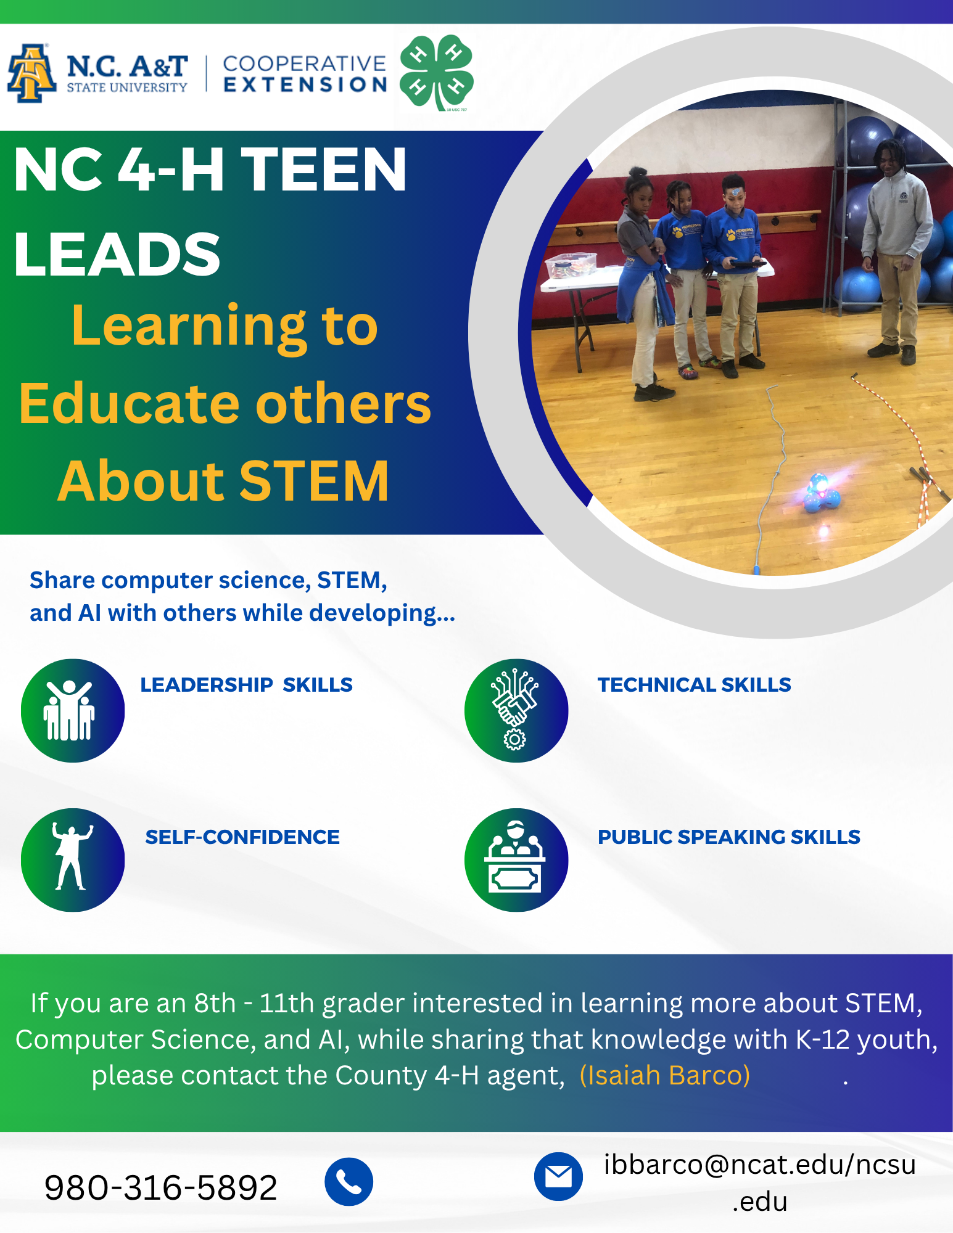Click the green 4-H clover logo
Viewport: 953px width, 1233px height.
point(437,73)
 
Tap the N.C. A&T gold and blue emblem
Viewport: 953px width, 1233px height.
point(31,73)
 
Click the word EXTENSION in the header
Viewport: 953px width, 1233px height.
point(305,84)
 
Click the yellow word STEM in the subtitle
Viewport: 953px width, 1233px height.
point(314,481)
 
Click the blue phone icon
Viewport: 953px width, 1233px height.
point(349,1182)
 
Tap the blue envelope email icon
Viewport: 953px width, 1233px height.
point(558,1176)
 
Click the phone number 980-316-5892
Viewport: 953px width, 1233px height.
point(161,1187)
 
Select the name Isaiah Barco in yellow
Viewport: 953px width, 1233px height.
point(665,1075)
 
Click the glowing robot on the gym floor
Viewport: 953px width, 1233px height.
point(820,493)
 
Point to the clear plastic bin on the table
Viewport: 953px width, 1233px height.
point(571,264)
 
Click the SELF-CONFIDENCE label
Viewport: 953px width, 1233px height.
point(242,837)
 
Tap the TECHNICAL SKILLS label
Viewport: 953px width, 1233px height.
point(695,684)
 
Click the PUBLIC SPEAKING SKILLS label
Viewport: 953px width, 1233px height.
point(729,837)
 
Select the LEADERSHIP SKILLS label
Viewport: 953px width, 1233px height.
point(246,684)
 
